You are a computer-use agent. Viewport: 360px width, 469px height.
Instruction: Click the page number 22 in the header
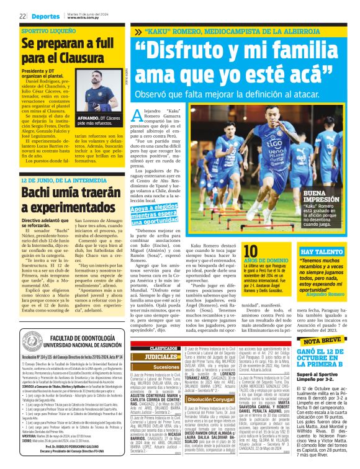22,16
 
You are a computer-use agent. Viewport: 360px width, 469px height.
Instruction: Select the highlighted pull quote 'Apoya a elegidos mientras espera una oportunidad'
162,215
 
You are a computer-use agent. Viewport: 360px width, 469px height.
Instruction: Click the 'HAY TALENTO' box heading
318,235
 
